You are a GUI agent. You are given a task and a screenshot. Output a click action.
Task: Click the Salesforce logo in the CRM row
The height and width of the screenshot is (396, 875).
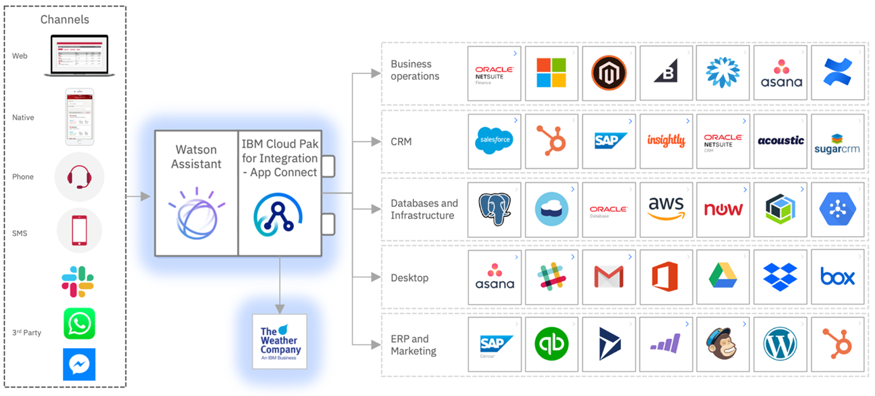point(493,141)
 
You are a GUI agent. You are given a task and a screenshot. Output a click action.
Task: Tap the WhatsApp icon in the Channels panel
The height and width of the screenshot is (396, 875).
point(79,324)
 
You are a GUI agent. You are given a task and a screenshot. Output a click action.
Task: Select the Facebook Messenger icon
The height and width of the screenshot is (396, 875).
point(79,364)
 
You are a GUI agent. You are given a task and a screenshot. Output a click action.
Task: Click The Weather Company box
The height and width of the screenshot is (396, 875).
point(279,341)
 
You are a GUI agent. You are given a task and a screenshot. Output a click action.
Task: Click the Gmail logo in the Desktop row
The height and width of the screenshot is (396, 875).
point(608,277)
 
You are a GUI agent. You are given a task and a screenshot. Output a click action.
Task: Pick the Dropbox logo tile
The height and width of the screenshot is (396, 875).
point(780,277)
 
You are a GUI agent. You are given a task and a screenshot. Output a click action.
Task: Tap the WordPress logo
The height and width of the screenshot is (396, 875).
point(780,345)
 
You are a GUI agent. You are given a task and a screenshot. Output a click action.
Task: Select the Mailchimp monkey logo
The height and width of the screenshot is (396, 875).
point(723,345)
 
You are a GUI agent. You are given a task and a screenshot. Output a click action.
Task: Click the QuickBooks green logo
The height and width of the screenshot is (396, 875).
point(551,345)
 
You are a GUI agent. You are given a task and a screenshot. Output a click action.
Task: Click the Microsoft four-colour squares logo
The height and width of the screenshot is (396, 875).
point(551,72)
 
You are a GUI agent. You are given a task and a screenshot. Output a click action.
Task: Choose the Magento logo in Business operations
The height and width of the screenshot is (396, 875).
point(608,72)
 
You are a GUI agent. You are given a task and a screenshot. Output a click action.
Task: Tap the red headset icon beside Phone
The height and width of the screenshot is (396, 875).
point(79,176)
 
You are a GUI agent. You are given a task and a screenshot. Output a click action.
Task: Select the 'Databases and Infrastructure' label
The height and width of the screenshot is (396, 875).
point(424,209)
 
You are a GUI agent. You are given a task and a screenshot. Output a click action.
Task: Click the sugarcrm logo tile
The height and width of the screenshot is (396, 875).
point(838,142)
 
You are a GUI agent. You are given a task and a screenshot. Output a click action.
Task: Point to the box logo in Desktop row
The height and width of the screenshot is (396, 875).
point(838,276)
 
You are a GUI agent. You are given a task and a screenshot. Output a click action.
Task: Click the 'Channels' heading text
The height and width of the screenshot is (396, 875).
point(65,19)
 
